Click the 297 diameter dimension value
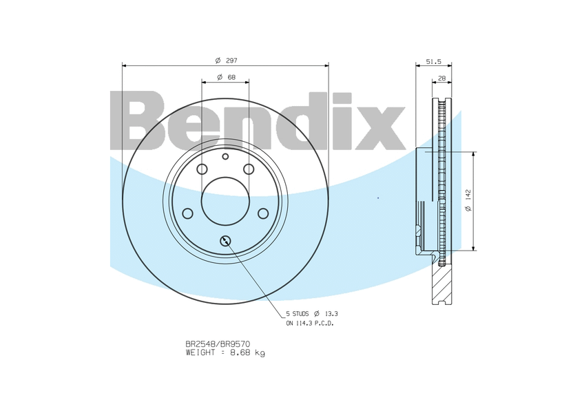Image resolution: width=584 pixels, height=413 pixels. coord(231,61)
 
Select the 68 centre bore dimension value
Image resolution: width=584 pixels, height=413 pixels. coord(231,77)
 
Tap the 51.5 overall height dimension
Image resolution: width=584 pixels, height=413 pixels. coord(433,61)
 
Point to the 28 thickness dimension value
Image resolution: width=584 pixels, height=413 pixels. coord(441,78)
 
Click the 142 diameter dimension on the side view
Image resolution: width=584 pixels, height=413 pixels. coord(468,200)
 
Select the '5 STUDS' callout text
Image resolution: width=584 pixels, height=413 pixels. coord(297,313)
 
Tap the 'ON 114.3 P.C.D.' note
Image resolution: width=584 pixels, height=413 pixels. coord(310,323)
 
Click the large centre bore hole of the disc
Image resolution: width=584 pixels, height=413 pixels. coord(225,200)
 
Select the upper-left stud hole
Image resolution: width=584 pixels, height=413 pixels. coord(202,170)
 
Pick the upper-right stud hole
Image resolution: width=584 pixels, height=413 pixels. coord(249,170)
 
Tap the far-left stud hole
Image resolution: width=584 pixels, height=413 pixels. coord(187,213)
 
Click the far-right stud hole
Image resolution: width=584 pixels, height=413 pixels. coord(263,213)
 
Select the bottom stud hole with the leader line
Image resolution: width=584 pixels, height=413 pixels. coord(225,241)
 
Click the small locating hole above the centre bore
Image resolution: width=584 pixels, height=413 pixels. coord(225,157)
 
